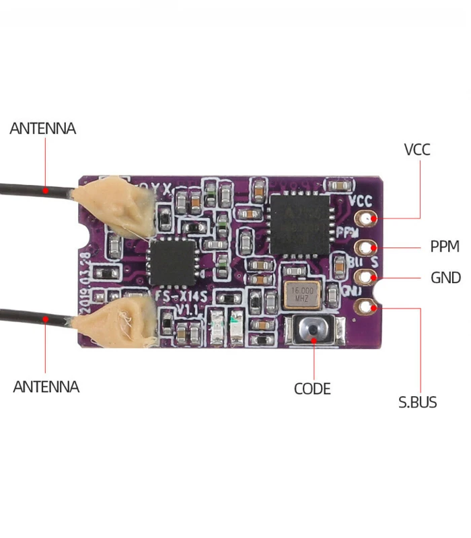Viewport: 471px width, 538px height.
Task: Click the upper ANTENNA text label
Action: [42, 128]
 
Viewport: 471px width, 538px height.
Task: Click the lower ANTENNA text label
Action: [46, 387]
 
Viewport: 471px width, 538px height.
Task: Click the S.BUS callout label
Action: [417, 403]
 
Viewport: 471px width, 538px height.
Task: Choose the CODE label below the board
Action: [312, 389]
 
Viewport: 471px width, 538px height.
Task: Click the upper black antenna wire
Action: [34, 190]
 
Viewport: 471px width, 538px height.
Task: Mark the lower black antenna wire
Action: [34, 317]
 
